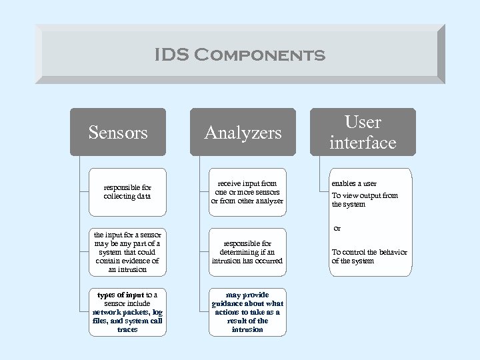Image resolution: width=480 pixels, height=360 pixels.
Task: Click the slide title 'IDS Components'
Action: coord(240,55)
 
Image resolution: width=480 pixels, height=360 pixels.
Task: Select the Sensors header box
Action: coord(118,132)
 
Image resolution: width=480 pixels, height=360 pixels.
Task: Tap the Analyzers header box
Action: coord(243,132)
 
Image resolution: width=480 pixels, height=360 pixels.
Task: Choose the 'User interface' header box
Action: coord(363,132)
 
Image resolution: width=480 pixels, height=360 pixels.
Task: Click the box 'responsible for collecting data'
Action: coord(127,192)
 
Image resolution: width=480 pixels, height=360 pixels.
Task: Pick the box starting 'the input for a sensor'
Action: coord(127,252)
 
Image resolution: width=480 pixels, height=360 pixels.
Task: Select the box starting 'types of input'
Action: coord(127,311)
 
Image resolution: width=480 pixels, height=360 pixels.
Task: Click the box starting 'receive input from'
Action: coord(247,192)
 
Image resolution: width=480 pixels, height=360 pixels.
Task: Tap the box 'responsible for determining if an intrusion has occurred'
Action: coord(247,252)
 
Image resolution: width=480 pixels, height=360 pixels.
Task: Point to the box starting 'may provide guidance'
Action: coord(247,311)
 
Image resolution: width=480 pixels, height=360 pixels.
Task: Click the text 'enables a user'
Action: coord(354,183)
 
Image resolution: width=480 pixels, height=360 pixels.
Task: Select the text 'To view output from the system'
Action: coord(365,199)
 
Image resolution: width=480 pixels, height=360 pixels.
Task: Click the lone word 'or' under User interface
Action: coord(337,229)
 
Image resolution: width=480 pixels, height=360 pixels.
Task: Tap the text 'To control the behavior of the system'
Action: coord(369,256)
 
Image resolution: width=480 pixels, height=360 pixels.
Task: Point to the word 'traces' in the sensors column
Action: coord(127,329)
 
